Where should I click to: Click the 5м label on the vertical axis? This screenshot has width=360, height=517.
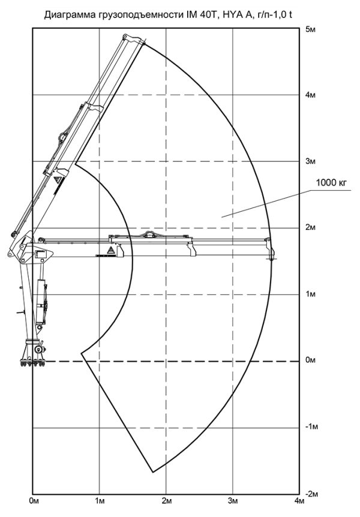click(311, 29)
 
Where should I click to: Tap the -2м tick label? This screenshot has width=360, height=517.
click(311, 494)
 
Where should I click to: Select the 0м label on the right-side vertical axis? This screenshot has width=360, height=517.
click(311, 360)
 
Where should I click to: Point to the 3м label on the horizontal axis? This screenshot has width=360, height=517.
click(233, 501)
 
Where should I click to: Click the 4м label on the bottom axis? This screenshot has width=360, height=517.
click(300, 501)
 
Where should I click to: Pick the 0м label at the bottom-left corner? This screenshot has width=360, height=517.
click(34, 501)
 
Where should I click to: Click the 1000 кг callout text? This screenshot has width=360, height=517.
click(332, 182)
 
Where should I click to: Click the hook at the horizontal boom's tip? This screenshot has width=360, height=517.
click(272, 256)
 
